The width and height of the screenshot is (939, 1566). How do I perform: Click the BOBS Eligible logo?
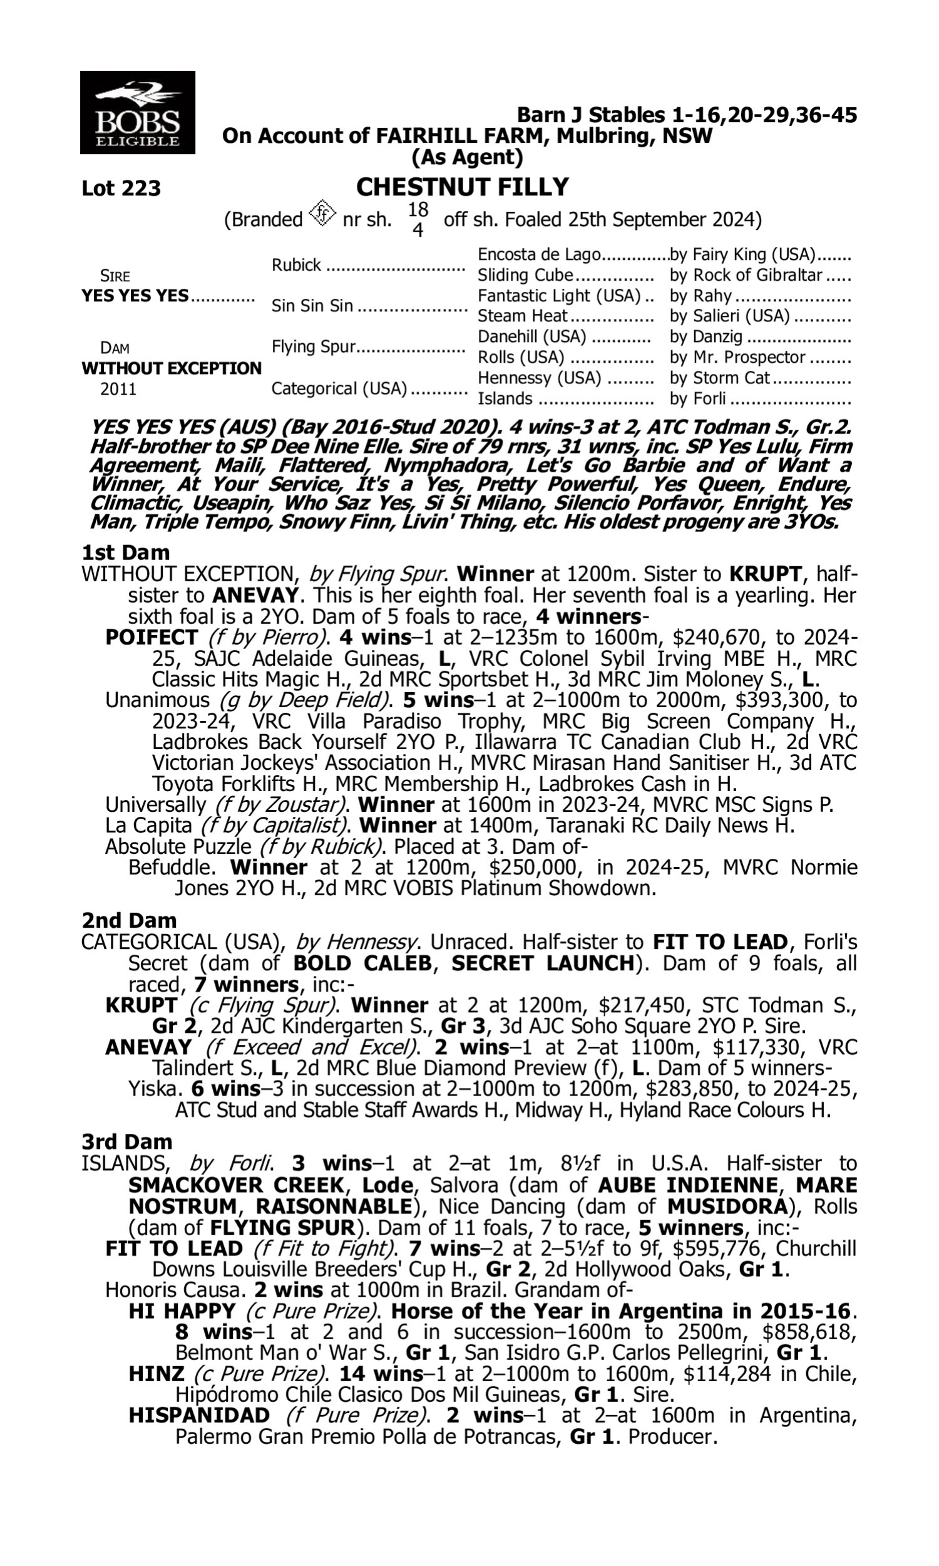click(137, 113)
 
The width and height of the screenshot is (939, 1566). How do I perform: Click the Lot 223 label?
click(121, 188)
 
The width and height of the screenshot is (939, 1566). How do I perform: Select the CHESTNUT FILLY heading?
click(462, 187)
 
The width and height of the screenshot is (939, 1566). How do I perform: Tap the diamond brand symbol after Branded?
click(322, 213)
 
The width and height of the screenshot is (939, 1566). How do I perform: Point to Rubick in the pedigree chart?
click(296, 264)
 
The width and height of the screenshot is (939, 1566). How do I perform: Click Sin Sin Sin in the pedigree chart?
click(312, 306)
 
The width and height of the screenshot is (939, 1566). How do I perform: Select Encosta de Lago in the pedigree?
click(538, 254)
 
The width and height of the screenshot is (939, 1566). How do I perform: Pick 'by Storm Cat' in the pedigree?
click(719, 378)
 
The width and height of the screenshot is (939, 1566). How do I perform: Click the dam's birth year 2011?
click(118, 388)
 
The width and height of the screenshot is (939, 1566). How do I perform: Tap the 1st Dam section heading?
click(125, 552)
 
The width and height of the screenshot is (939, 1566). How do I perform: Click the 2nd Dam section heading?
click(129, 920)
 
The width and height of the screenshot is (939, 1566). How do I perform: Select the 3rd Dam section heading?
click(126, 1141)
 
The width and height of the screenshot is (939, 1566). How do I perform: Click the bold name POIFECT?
click(151, 638)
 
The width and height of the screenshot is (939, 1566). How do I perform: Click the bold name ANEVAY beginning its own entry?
click(148, 1047)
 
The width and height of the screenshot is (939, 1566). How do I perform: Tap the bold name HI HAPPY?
click(182, 1311)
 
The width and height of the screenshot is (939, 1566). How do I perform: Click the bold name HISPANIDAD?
click(198, 1415)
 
